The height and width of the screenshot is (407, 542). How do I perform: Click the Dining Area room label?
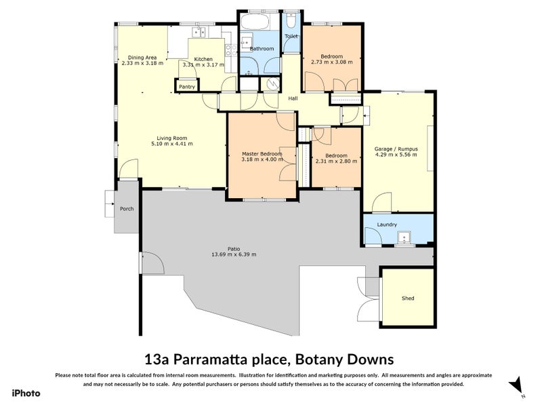[x=142, y=57]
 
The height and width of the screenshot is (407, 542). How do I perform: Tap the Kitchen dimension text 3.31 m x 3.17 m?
[x=203, y=65]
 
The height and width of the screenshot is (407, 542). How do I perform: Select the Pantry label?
[x=187, y=87]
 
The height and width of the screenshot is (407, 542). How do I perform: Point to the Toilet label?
[x=291, y=36]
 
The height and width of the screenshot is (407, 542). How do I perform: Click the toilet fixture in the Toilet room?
[x=291, y=20]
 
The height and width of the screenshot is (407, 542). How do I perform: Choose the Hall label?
[x=293, y=98]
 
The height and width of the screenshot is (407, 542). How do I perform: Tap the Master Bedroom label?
[x=262, y=154]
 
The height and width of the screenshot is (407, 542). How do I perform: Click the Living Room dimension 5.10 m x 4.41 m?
[x=171, y=144]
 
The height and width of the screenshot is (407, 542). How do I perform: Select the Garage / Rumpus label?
[x=396, y=148]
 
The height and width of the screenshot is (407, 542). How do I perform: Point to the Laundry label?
[x=385, y=225]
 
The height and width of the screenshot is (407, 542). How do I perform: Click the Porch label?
[x=126, y=209]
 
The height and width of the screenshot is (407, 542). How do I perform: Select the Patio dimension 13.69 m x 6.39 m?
[x=233, y=254]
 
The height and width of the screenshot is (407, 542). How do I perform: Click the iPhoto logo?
[x=25, y=393]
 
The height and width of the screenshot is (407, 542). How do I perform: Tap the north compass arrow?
[x=518, y=384]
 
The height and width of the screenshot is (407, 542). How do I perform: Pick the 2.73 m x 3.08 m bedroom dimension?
[x=331, y=62]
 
